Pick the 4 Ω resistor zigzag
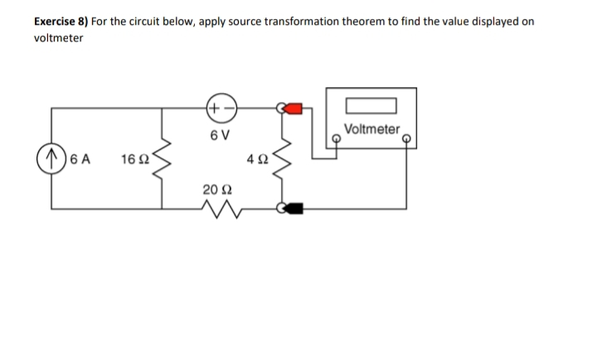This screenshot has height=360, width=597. (x=286, y=158)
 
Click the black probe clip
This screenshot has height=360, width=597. (x=293, y=209)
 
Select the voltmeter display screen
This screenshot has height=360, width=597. (x=372, y=106)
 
